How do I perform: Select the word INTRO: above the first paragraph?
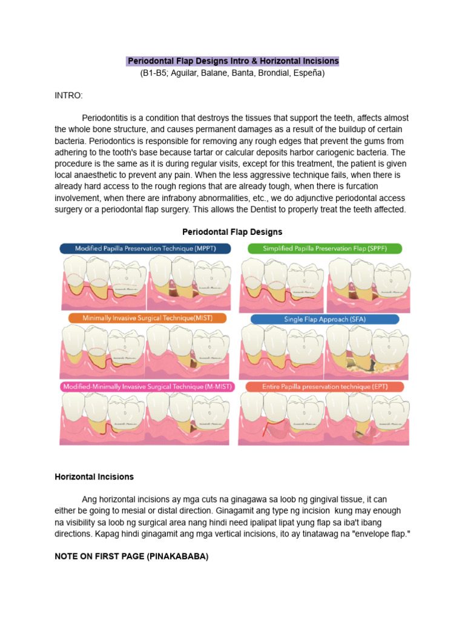coord(68,96)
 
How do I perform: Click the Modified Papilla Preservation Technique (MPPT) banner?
coord(145,248)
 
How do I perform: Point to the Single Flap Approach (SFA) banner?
coord(325,318)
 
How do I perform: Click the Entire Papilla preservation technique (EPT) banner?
coord(325,386)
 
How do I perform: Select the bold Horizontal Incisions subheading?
coord(94,477)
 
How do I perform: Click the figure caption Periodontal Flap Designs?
coord(232,232)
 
